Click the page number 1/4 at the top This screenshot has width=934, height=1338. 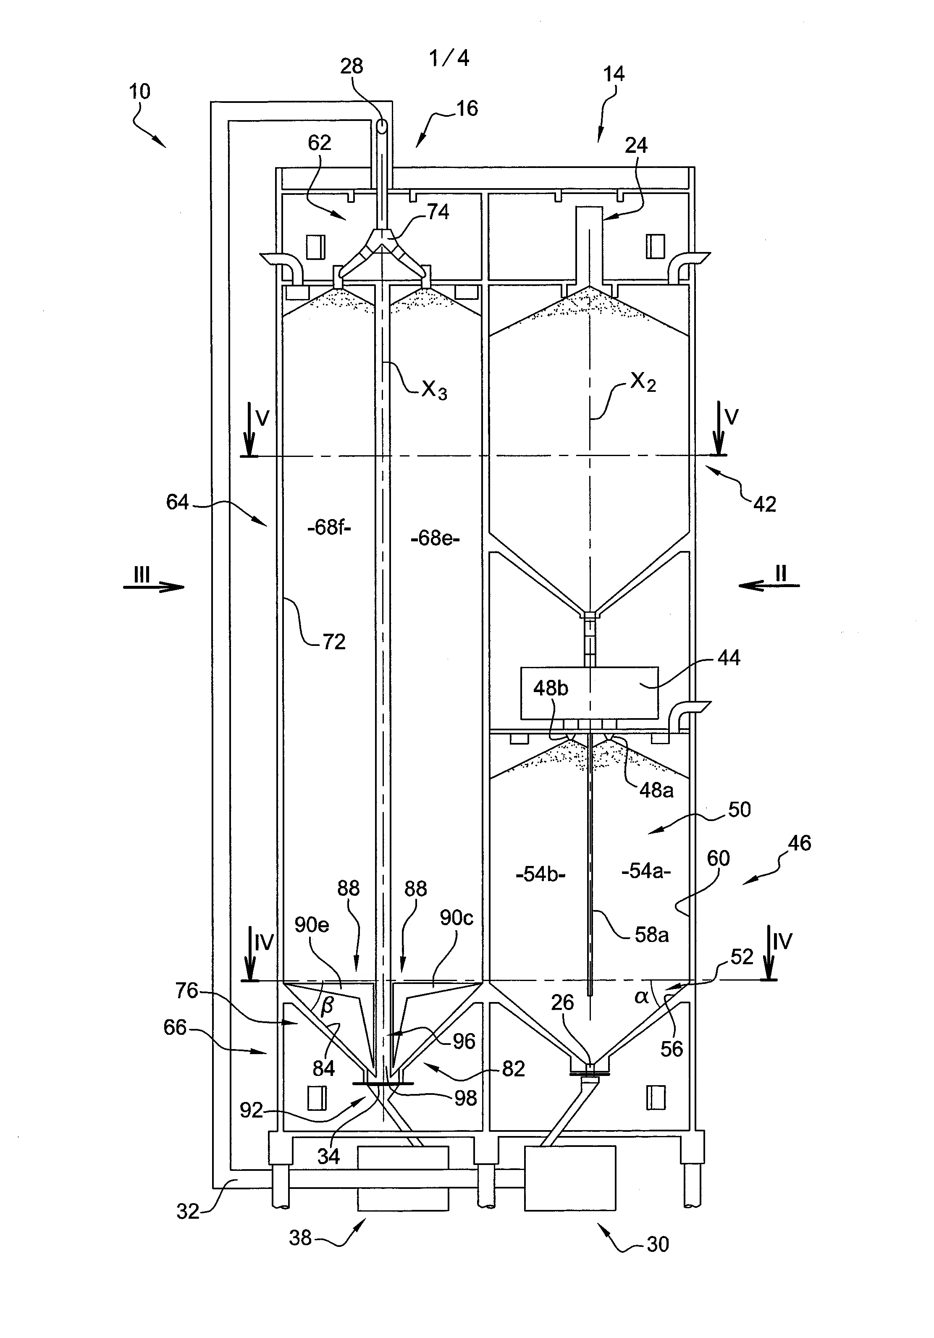(x=449, y=58)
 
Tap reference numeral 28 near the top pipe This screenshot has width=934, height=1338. (x=352, y=66)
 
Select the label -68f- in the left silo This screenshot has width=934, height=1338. (x=329, y=528)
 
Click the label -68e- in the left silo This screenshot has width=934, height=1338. (x=435, y=538)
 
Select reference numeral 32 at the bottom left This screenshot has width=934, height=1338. (x=188, y=1212)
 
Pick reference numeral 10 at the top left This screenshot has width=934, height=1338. (x=139, y=92)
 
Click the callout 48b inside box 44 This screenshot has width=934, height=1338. (x=550, y=688)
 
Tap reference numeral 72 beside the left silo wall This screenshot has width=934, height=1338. (x=334, y=642)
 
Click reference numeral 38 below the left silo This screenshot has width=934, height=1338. (x=301, y=1237)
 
